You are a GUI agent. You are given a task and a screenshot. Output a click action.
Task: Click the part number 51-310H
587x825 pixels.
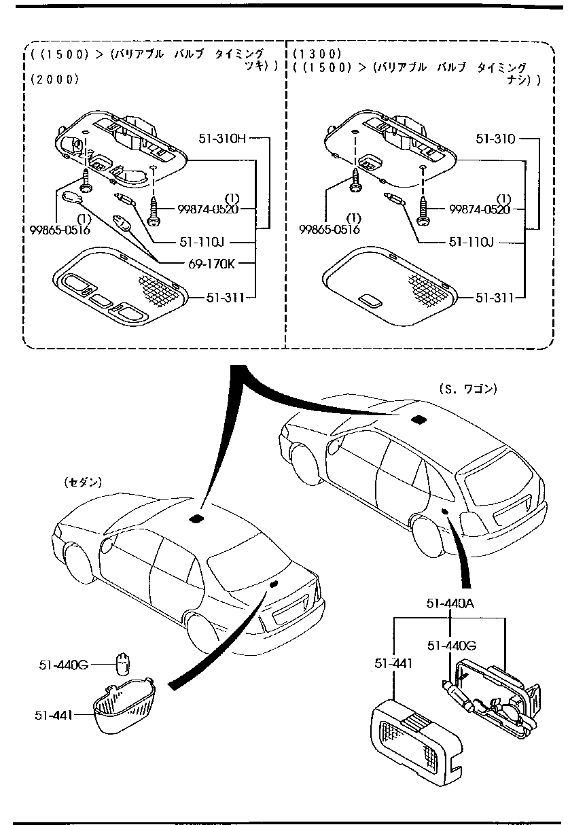tap(221, 138)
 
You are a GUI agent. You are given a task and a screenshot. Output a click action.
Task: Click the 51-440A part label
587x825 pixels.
tap(450, 603)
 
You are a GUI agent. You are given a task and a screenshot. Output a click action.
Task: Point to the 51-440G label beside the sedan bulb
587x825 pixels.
tap(63, 664)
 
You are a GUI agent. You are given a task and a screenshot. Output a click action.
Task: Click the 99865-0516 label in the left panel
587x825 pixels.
tap(60, 230)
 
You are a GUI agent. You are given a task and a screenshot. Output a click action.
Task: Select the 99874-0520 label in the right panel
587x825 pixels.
tap(479, 209)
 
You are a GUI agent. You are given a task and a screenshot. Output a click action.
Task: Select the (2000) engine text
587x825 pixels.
tap(55, 79)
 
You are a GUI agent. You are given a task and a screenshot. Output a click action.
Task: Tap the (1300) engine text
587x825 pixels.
tap(317, 54)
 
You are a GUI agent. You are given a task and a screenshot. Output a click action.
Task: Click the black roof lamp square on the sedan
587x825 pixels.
tap(197, 519)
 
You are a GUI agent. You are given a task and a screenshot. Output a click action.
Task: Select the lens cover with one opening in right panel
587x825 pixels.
tap(387, 283)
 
